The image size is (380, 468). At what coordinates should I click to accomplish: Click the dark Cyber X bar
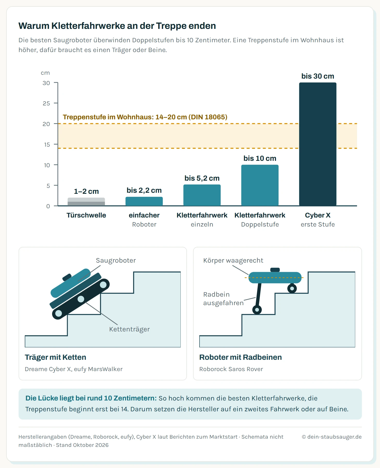318,144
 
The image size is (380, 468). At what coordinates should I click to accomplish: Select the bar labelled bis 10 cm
260,185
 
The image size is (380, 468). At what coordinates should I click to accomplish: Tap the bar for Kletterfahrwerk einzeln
202,195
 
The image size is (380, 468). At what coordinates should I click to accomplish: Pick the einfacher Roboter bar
144,201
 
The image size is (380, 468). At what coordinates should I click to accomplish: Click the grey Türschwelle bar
86,202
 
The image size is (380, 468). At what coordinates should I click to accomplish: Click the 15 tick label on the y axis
47,145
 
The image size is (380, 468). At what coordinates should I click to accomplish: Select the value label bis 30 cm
318,76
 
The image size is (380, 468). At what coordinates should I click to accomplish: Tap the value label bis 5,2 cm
202,178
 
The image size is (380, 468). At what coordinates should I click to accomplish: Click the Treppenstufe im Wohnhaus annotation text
145,117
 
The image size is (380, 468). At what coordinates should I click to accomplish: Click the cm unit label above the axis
45,73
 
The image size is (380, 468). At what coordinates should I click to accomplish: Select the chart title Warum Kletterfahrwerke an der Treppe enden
117,26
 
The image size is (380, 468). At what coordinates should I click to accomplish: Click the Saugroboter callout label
116,260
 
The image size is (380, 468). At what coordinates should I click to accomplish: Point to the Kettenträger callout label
129,329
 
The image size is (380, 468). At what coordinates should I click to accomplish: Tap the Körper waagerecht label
233,260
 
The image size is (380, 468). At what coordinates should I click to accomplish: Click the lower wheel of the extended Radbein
257,310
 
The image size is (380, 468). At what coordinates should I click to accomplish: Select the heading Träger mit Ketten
56,357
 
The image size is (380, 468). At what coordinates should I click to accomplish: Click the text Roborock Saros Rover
231,369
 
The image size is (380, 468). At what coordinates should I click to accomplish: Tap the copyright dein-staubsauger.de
332,437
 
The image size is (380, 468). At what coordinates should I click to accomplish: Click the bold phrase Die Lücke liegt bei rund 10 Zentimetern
91,398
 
